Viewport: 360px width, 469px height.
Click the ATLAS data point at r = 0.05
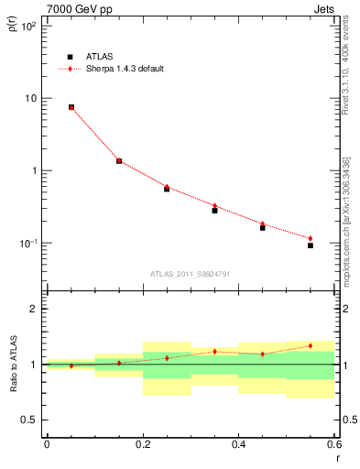71,107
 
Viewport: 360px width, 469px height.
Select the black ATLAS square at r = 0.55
311,245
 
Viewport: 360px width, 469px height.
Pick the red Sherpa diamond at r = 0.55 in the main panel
311,238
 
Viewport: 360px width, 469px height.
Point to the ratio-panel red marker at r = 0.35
214,351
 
